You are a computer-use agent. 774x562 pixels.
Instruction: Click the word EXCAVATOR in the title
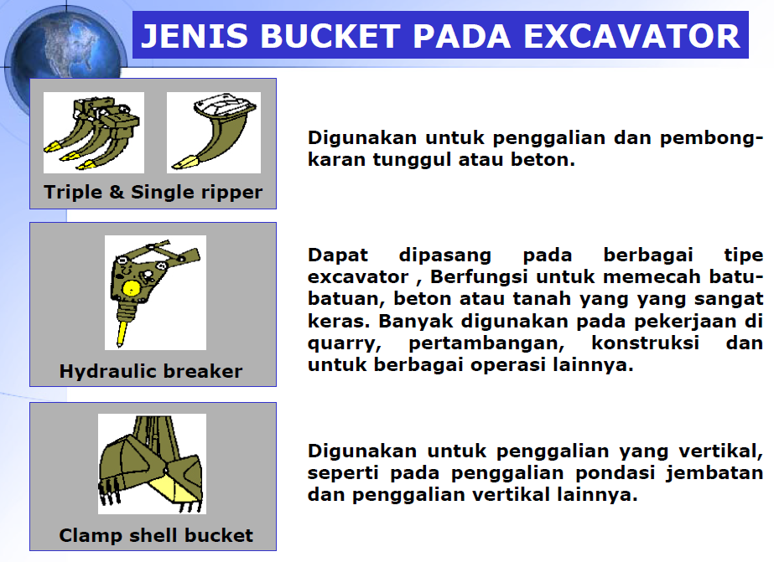pos(631,36)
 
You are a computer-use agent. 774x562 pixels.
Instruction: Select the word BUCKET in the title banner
pos(330,36)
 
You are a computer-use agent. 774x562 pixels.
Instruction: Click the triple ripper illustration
pos(94,132)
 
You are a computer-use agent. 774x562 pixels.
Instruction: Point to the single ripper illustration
pos(214,132)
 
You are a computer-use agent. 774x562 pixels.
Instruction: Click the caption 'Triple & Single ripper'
pos(153,193)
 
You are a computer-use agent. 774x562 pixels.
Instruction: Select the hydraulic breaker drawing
pos(155,293)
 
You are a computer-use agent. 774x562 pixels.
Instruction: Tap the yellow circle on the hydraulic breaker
pos(131,288)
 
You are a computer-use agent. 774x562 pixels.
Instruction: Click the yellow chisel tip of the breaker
pos(122,333)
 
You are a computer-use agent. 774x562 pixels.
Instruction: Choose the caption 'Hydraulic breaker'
pos(151,371)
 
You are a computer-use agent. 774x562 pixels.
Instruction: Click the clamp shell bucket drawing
pos(152,464)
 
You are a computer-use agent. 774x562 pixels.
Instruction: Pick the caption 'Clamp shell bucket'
pos(156,535)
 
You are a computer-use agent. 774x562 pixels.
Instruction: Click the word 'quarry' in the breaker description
pos(345,343)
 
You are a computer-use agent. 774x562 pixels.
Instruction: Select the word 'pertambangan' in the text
pos(486,343)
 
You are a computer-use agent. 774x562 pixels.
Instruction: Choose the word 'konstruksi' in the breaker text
pos(645,343)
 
